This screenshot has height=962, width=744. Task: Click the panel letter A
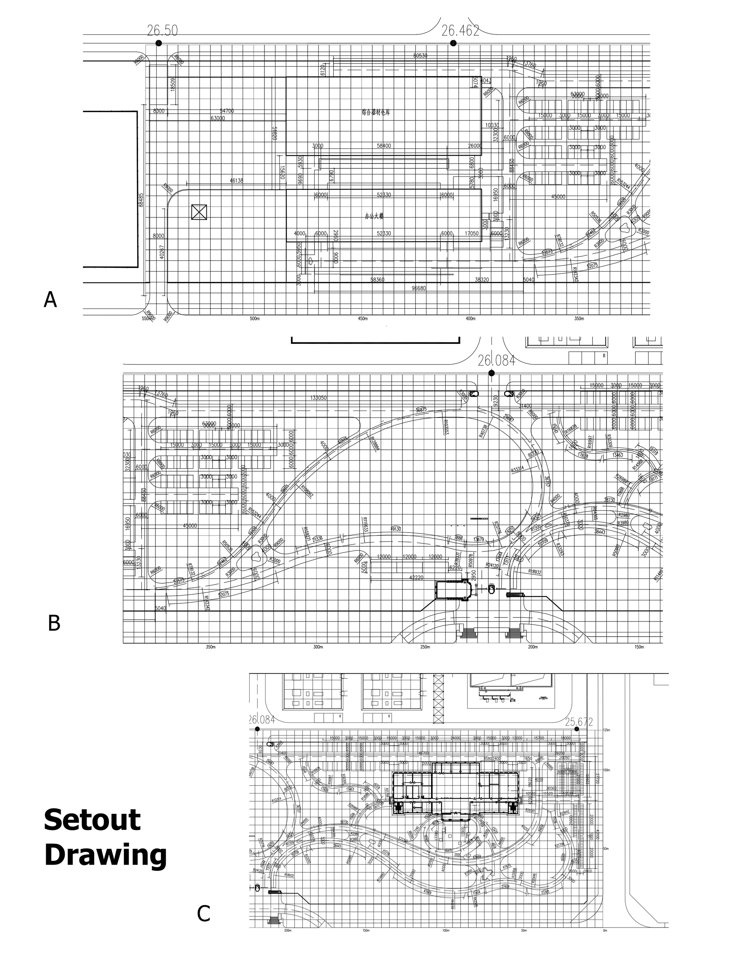coord(50,301)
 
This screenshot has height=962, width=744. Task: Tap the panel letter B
coord(54,623)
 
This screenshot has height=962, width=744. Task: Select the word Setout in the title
coord(92,820)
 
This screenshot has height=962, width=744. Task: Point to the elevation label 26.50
coord(162,30)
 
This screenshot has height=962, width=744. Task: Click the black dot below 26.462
coord(453,43)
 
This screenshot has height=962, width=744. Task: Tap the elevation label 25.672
coord(579,710)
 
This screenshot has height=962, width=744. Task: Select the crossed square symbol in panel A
coord(199,212)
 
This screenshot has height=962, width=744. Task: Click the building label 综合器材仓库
coord(376,112)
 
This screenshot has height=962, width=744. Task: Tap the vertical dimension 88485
coord(141,199)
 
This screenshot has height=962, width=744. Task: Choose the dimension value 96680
coord(418,288)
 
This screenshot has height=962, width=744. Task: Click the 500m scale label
coord(254,318)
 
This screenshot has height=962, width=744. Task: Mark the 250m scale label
coord(425,647)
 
